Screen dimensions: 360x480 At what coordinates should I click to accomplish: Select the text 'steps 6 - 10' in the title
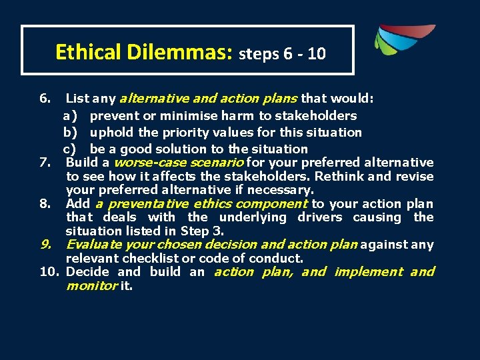coord(283,54)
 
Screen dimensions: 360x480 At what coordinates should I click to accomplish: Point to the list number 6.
coord(45,99)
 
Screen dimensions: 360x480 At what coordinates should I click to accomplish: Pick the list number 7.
coord(45,163)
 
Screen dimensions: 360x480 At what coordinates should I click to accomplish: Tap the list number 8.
coord(45,204)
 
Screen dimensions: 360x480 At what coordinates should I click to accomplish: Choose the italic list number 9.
coord(45,245)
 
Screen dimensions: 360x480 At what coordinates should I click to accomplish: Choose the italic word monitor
coord(91,285)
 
